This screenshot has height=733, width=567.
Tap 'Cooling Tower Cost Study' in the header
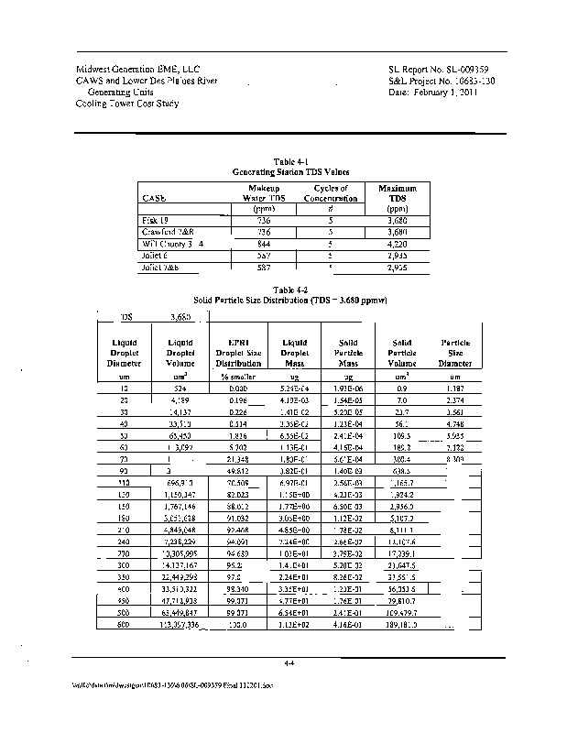(127, 104)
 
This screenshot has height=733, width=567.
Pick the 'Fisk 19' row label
(154, 221)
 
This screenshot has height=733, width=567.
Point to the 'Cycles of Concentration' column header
(330, 192)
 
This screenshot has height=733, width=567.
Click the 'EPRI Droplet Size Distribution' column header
(239, 353)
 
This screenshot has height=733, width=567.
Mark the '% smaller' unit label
(237, 377)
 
